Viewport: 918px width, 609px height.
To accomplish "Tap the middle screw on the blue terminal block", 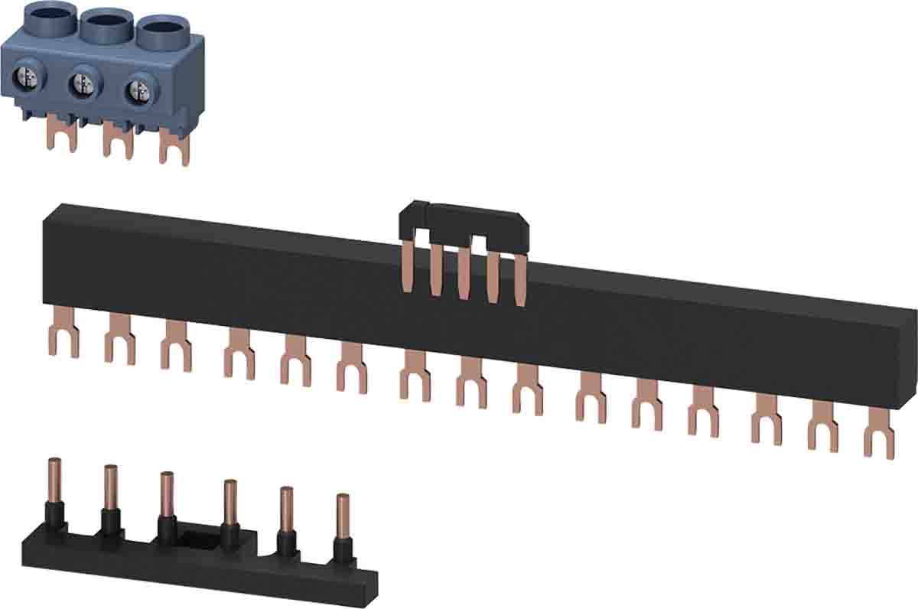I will click(x=82, y=83).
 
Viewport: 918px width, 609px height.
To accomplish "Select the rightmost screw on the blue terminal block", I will click(x=138, y=87).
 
